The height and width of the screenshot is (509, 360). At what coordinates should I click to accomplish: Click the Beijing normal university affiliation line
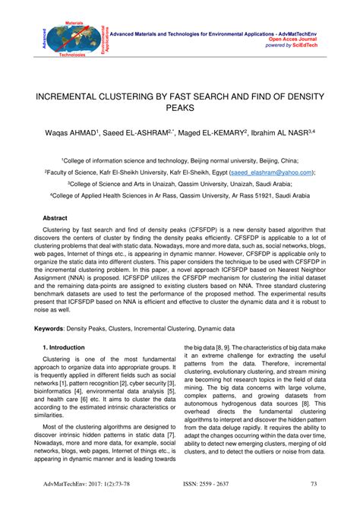tap(179, 161)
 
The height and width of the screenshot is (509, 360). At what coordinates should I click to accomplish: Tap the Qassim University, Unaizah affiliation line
tap(179, 184)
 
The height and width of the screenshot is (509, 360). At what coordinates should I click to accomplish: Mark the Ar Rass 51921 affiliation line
tap(179, 195)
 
